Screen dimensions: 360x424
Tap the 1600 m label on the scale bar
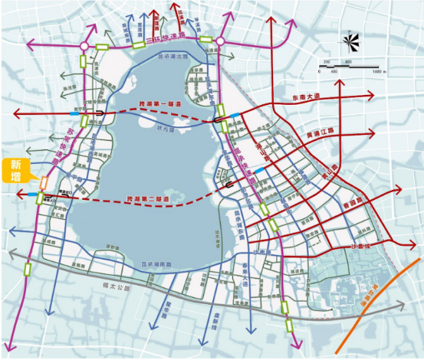377,70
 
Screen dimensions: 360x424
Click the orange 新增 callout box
16,171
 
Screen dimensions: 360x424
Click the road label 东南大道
309,97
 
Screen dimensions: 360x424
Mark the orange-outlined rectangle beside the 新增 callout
44,183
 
